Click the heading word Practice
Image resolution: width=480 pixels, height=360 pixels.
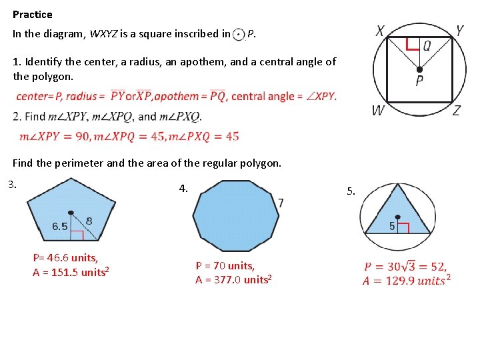[32, 14]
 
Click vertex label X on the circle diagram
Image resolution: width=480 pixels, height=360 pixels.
[380, 31]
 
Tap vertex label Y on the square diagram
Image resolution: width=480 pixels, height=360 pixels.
[459, 31]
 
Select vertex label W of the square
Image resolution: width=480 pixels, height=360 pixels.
[378, 111]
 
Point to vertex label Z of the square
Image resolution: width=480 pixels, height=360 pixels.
[456, 111]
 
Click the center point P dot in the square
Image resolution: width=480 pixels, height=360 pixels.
[419, 69]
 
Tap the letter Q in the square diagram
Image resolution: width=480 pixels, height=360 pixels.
[427, 45]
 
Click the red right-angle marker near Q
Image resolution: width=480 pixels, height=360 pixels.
[413, 45]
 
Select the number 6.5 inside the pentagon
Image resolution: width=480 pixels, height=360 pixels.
[60, 226]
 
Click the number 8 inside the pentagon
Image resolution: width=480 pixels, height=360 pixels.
[89, 221]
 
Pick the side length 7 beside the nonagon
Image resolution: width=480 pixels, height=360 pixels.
[281, 203]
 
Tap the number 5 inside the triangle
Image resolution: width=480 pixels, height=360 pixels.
[393, 227]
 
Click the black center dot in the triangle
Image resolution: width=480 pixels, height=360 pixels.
[398, 217]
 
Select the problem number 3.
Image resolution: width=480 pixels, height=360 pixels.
[11, 185]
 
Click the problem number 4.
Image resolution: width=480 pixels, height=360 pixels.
[183, 189]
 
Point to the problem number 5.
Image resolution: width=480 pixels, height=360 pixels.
[351, 192]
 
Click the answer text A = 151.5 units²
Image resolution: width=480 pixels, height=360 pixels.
[71, 272]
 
